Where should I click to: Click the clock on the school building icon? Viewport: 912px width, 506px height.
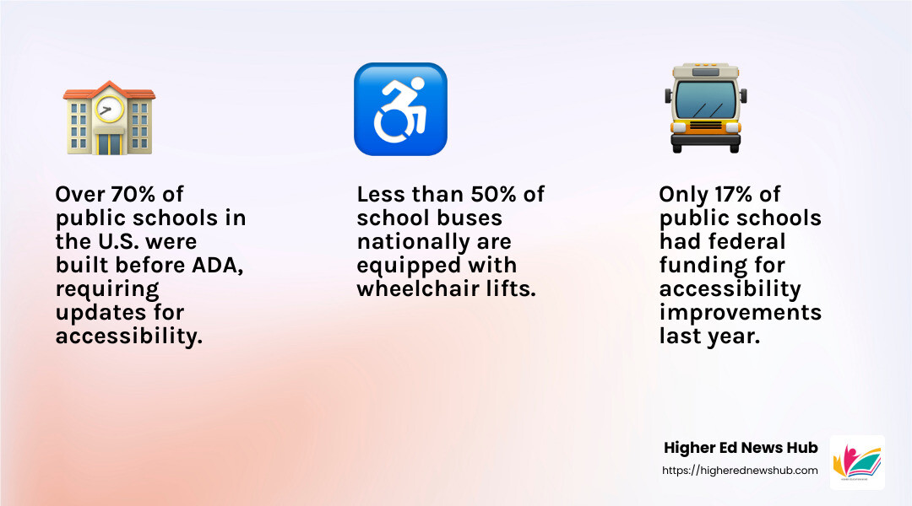pos(109,109)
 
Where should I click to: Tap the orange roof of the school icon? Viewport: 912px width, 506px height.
pos(109,92)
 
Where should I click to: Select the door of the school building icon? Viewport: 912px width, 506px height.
pos(109,144)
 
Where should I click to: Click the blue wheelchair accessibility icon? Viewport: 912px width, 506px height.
pos(401,110)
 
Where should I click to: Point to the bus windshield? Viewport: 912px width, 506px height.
pos(705,100)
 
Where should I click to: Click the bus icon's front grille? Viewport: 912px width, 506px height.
pos(705,126)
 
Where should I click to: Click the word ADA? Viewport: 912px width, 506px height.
pos(217,265)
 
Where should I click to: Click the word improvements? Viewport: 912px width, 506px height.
pos(741,313)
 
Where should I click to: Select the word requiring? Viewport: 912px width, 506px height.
pos(107,290)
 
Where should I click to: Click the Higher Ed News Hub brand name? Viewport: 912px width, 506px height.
pos(741,448)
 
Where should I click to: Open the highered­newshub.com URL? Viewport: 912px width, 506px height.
pos(740,471)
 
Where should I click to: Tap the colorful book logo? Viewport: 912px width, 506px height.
pos(857,462)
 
